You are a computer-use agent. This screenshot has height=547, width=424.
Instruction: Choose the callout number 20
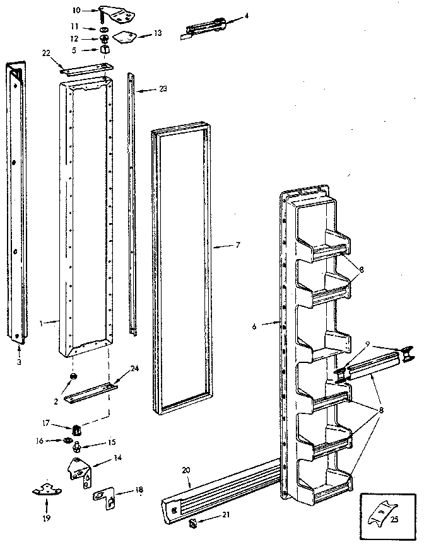tap(185, 470)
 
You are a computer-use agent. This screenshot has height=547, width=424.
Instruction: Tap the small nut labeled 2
tap(73, 377)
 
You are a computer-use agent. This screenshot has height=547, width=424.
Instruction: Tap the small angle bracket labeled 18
tap(105, 498)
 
